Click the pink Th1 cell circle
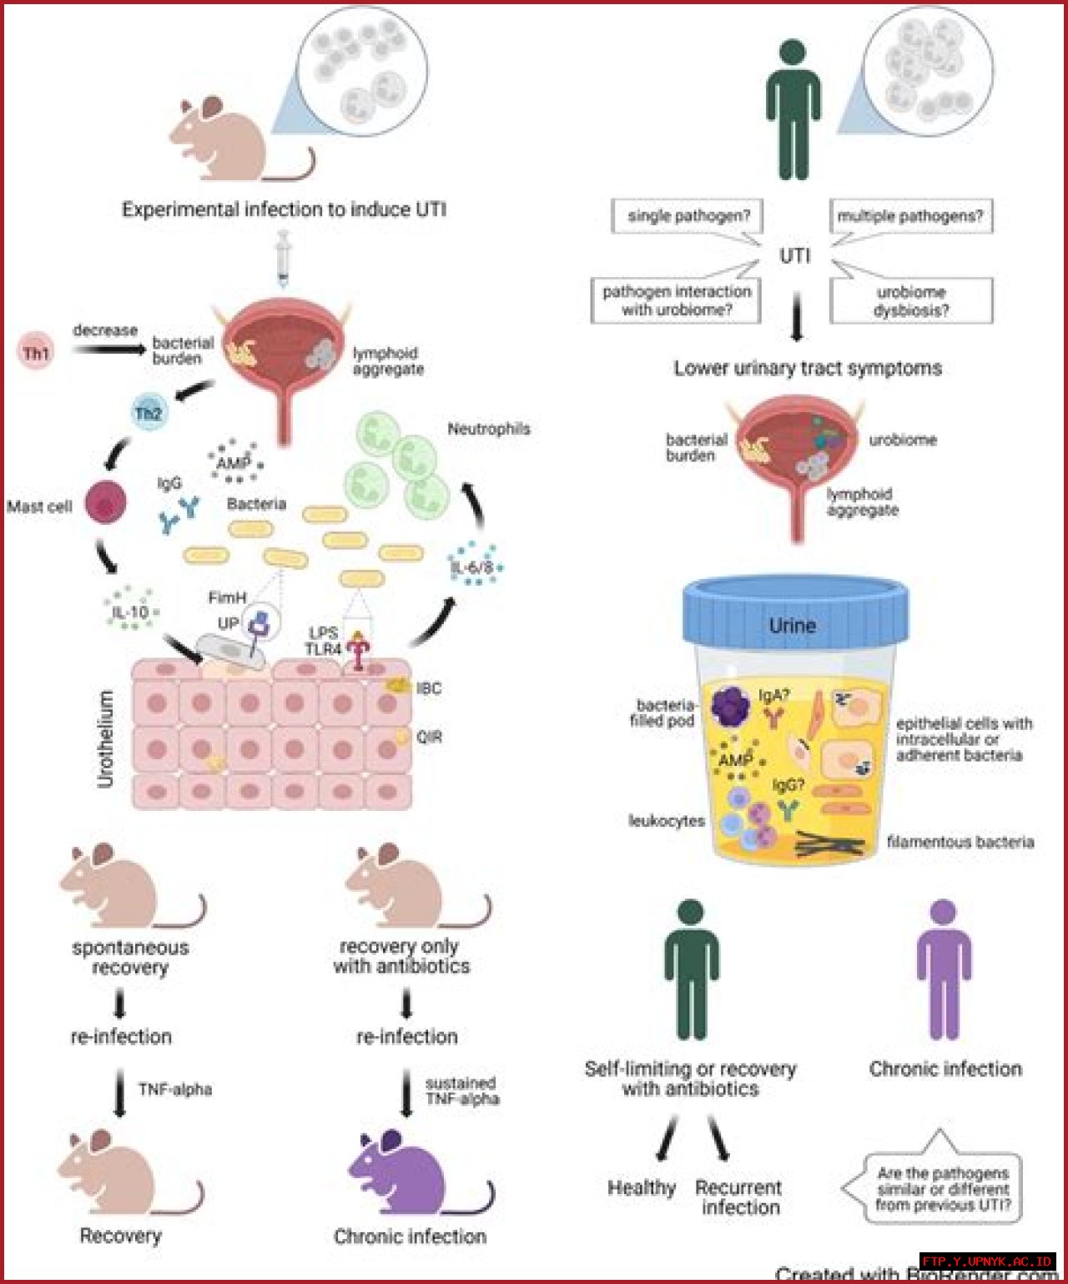36,352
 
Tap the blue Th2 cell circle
149,412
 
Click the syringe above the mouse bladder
283,259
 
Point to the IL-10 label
131,612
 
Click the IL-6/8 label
472,567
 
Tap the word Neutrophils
489,429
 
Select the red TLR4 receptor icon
359,651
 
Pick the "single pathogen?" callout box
688,216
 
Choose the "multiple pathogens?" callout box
910,216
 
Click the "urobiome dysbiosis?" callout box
911,301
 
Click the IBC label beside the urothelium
429,688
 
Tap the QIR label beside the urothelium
429,737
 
